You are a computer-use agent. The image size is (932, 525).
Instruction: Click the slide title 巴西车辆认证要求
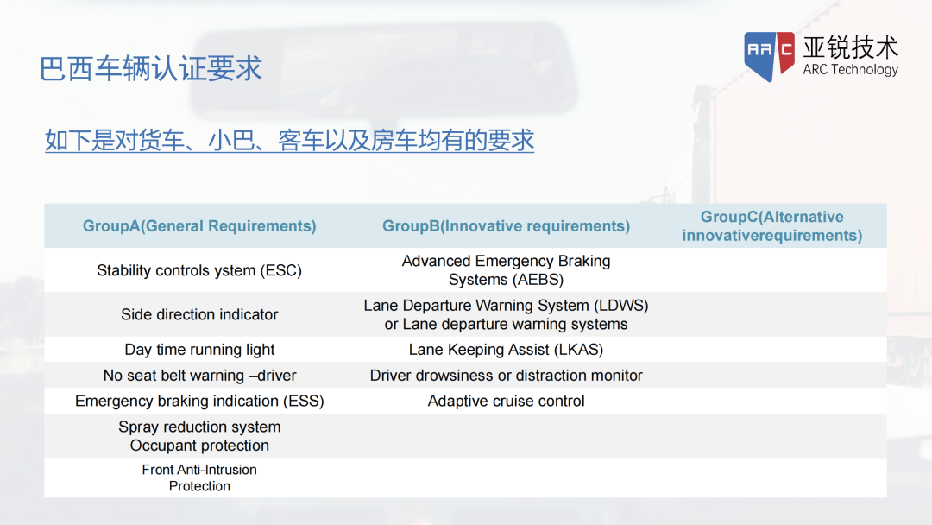(x=150, y=68)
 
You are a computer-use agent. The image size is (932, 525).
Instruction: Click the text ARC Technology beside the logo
(x=851, y=70)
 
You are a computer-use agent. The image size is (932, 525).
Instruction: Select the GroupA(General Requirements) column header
(x=199, y=226)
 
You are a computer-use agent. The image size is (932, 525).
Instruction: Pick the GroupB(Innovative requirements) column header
(x=506, y=226)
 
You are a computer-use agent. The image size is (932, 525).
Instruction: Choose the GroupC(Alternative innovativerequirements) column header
(x=772, y=226)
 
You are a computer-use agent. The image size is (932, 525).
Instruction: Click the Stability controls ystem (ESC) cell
(x=199, y=270)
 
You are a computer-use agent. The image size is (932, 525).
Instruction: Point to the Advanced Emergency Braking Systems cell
(x=506, y=270)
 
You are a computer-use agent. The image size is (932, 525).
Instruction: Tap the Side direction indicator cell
(x=199, y=314)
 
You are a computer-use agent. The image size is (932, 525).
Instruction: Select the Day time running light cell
(x=199, y=350)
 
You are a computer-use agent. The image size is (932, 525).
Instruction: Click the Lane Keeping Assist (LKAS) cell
(x=506, y=350)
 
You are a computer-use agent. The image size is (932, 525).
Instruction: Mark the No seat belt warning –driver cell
(x=199, y=375)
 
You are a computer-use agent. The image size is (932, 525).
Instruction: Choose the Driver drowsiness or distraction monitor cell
(x=506, y=375)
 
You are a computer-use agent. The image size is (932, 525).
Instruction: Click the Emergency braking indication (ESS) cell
(x=199, y=402)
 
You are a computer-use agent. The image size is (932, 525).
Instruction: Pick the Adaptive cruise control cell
(x=506, y=402)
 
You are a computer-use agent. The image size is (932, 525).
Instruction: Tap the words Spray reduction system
(x=199, y=427)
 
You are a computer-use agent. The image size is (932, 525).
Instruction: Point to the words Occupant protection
(x=199, y=446)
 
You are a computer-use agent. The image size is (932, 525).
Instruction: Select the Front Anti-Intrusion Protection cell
(x=199, y=478)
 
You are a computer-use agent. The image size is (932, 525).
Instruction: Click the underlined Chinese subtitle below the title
(x=289, y=141)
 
